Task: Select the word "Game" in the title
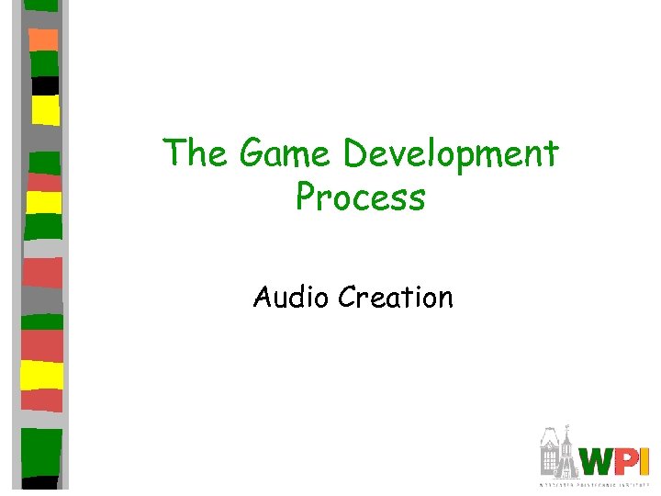point(278,153)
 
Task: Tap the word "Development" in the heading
point(451,153)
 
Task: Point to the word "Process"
point(361,197)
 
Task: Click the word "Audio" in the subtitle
point(292,297)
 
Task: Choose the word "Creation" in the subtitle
point(396,297)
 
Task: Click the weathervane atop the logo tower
point(570,428)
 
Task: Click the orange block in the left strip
point(43,39)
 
